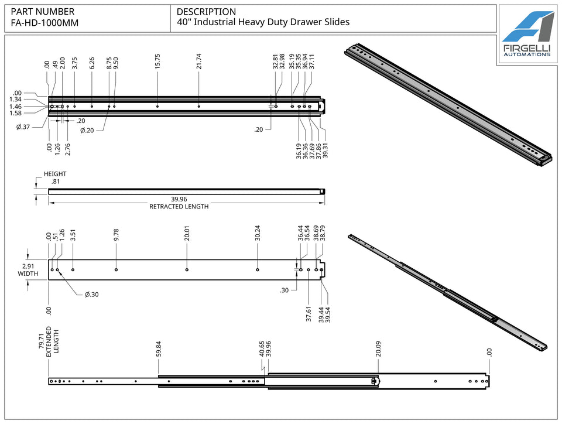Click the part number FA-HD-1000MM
click(44, 23)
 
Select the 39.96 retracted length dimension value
click(179, 199)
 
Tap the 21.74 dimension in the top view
click(199, 61)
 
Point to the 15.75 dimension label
click(157, 61)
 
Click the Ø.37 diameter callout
click(23, 127)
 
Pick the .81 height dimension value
click(55, 182)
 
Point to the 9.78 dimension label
click(116, 234)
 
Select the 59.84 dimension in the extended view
click(159, 349)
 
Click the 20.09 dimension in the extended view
click(378, 349)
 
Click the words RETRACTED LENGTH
click(179, 207)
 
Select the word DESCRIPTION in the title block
click(206, 12)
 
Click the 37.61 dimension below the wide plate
click(309, 314)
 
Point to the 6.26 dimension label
click(92, 63)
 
